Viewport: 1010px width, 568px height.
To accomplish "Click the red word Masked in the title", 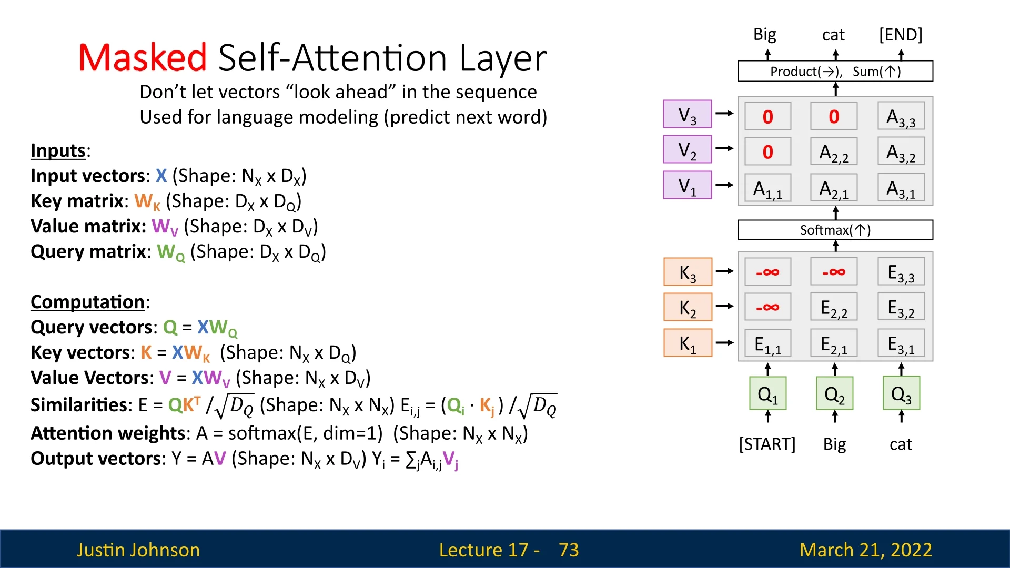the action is [143, 57].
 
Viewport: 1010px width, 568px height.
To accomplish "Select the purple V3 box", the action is [688, 114].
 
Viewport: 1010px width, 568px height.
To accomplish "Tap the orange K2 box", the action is [688, 307].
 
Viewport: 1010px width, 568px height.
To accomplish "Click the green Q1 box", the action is [768, 393].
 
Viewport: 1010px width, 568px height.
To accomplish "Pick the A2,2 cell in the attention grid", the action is [834, 153].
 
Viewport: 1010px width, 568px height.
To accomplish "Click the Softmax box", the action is [835, 230].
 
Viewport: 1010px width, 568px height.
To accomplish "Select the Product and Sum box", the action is [835, 71].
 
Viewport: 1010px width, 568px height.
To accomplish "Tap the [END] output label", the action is [901, 35].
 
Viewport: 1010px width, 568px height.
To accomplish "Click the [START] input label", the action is [767, 444].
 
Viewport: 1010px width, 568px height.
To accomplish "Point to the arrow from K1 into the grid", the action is [725, 343].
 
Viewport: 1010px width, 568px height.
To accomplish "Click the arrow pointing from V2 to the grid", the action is [725, 149].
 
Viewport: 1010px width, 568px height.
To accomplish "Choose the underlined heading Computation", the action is [87, 302].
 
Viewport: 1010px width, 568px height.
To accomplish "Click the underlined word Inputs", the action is [58, 150].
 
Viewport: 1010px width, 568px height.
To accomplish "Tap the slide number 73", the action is [569, 550].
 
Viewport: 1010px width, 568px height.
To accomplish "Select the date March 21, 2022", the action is [866, 550].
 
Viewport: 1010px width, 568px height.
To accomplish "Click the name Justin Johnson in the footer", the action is [138, 550].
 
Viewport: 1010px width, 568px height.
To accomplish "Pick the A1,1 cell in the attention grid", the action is [768, 188].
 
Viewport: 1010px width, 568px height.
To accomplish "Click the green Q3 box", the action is [902, 393].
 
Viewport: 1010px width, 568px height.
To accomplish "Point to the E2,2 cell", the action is [834, 308].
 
